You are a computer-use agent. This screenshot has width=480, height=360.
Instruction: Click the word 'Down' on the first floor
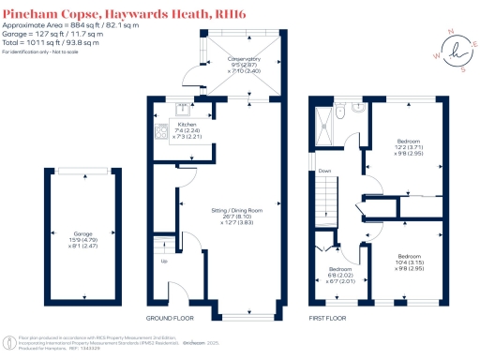[x=325, y=171]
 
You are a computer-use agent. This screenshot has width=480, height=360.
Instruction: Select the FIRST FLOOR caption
[x=329, y=317]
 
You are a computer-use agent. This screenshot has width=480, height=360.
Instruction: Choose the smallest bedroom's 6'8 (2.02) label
[x=335, y=275]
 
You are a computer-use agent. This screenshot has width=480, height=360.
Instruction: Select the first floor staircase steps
[x=324, y=197]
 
